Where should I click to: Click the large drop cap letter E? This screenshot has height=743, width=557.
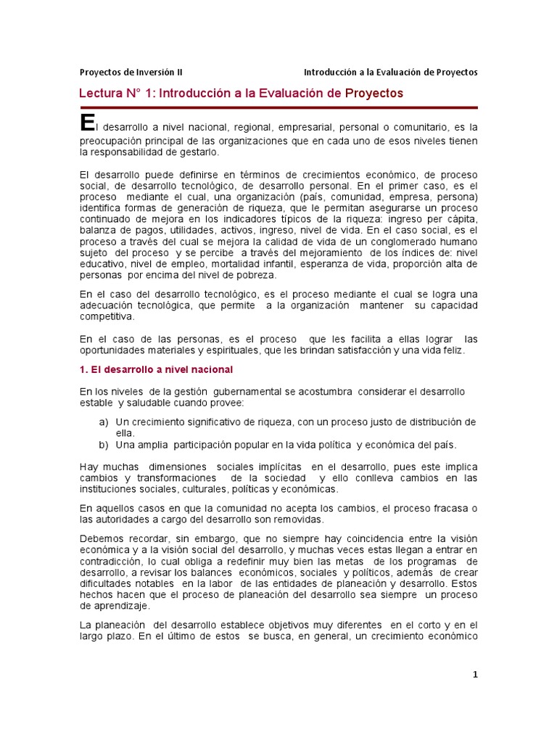[x=87, y=123]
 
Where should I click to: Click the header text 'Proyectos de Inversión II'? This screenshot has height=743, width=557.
[x=131, y=73]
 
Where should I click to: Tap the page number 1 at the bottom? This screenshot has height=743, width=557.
[x=475, y=674]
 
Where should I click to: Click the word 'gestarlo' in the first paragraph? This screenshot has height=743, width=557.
[x=197, y=152]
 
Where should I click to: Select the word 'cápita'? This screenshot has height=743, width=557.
[x=462, y=218]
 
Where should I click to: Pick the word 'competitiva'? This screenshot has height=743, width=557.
[x=107, y=316]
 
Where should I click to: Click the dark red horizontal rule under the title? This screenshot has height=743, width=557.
[x=278, y=107]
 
